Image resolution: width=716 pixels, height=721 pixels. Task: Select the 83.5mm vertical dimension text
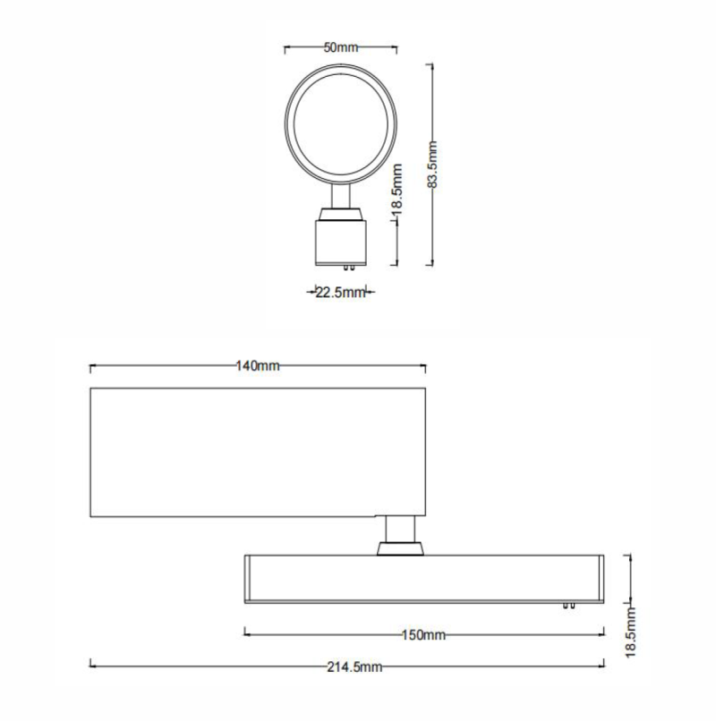tap(432, 165)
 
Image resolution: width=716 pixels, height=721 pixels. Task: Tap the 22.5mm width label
tap(341, 292)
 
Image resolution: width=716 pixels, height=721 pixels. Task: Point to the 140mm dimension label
tap(258, 367)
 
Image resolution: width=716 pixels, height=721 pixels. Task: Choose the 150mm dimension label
tap(423, 634)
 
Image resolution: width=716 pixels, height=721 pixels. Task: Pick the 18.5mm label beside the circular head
tap(398, 189)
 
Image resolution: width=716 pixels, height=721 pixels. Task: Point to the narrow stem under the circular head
tap(340, 195)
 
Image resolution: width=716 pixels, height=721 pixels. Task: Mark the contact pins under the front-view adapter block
tap(341, 266)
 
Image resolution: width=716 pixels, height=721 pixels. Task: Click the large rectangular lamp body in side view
tap(258, 453)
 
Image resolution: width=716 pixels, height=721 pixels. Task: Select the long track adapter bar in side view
tap(423, 578)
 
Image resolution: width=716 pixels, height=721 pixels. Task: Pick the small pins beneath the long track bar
tap(567, 606)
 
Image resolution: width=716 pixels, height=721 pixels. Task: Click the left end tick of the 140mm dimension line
tap(91, 367)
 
